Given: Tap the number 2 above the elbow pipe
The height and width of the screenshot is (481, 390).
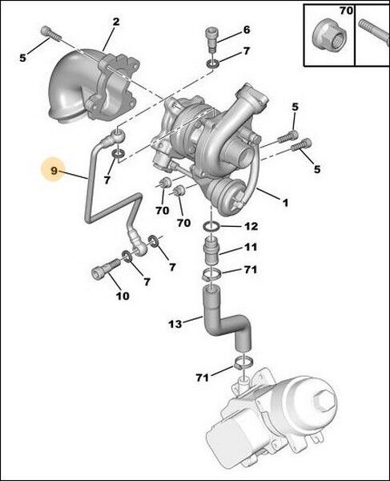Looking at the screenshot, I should [x=116, y=22].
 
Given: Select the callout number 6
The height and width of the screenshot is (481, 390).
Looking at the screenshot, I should [x=247, y=30].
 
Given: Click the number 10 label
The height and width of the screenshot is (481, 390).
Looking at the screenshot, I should [x=122, y=296].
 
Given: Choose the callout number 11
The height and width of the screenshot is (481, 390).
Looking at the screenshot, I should [x=251, y=247].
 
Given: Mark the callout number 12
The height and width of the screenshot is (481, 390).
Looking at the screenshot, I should [x=251, y=227].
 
